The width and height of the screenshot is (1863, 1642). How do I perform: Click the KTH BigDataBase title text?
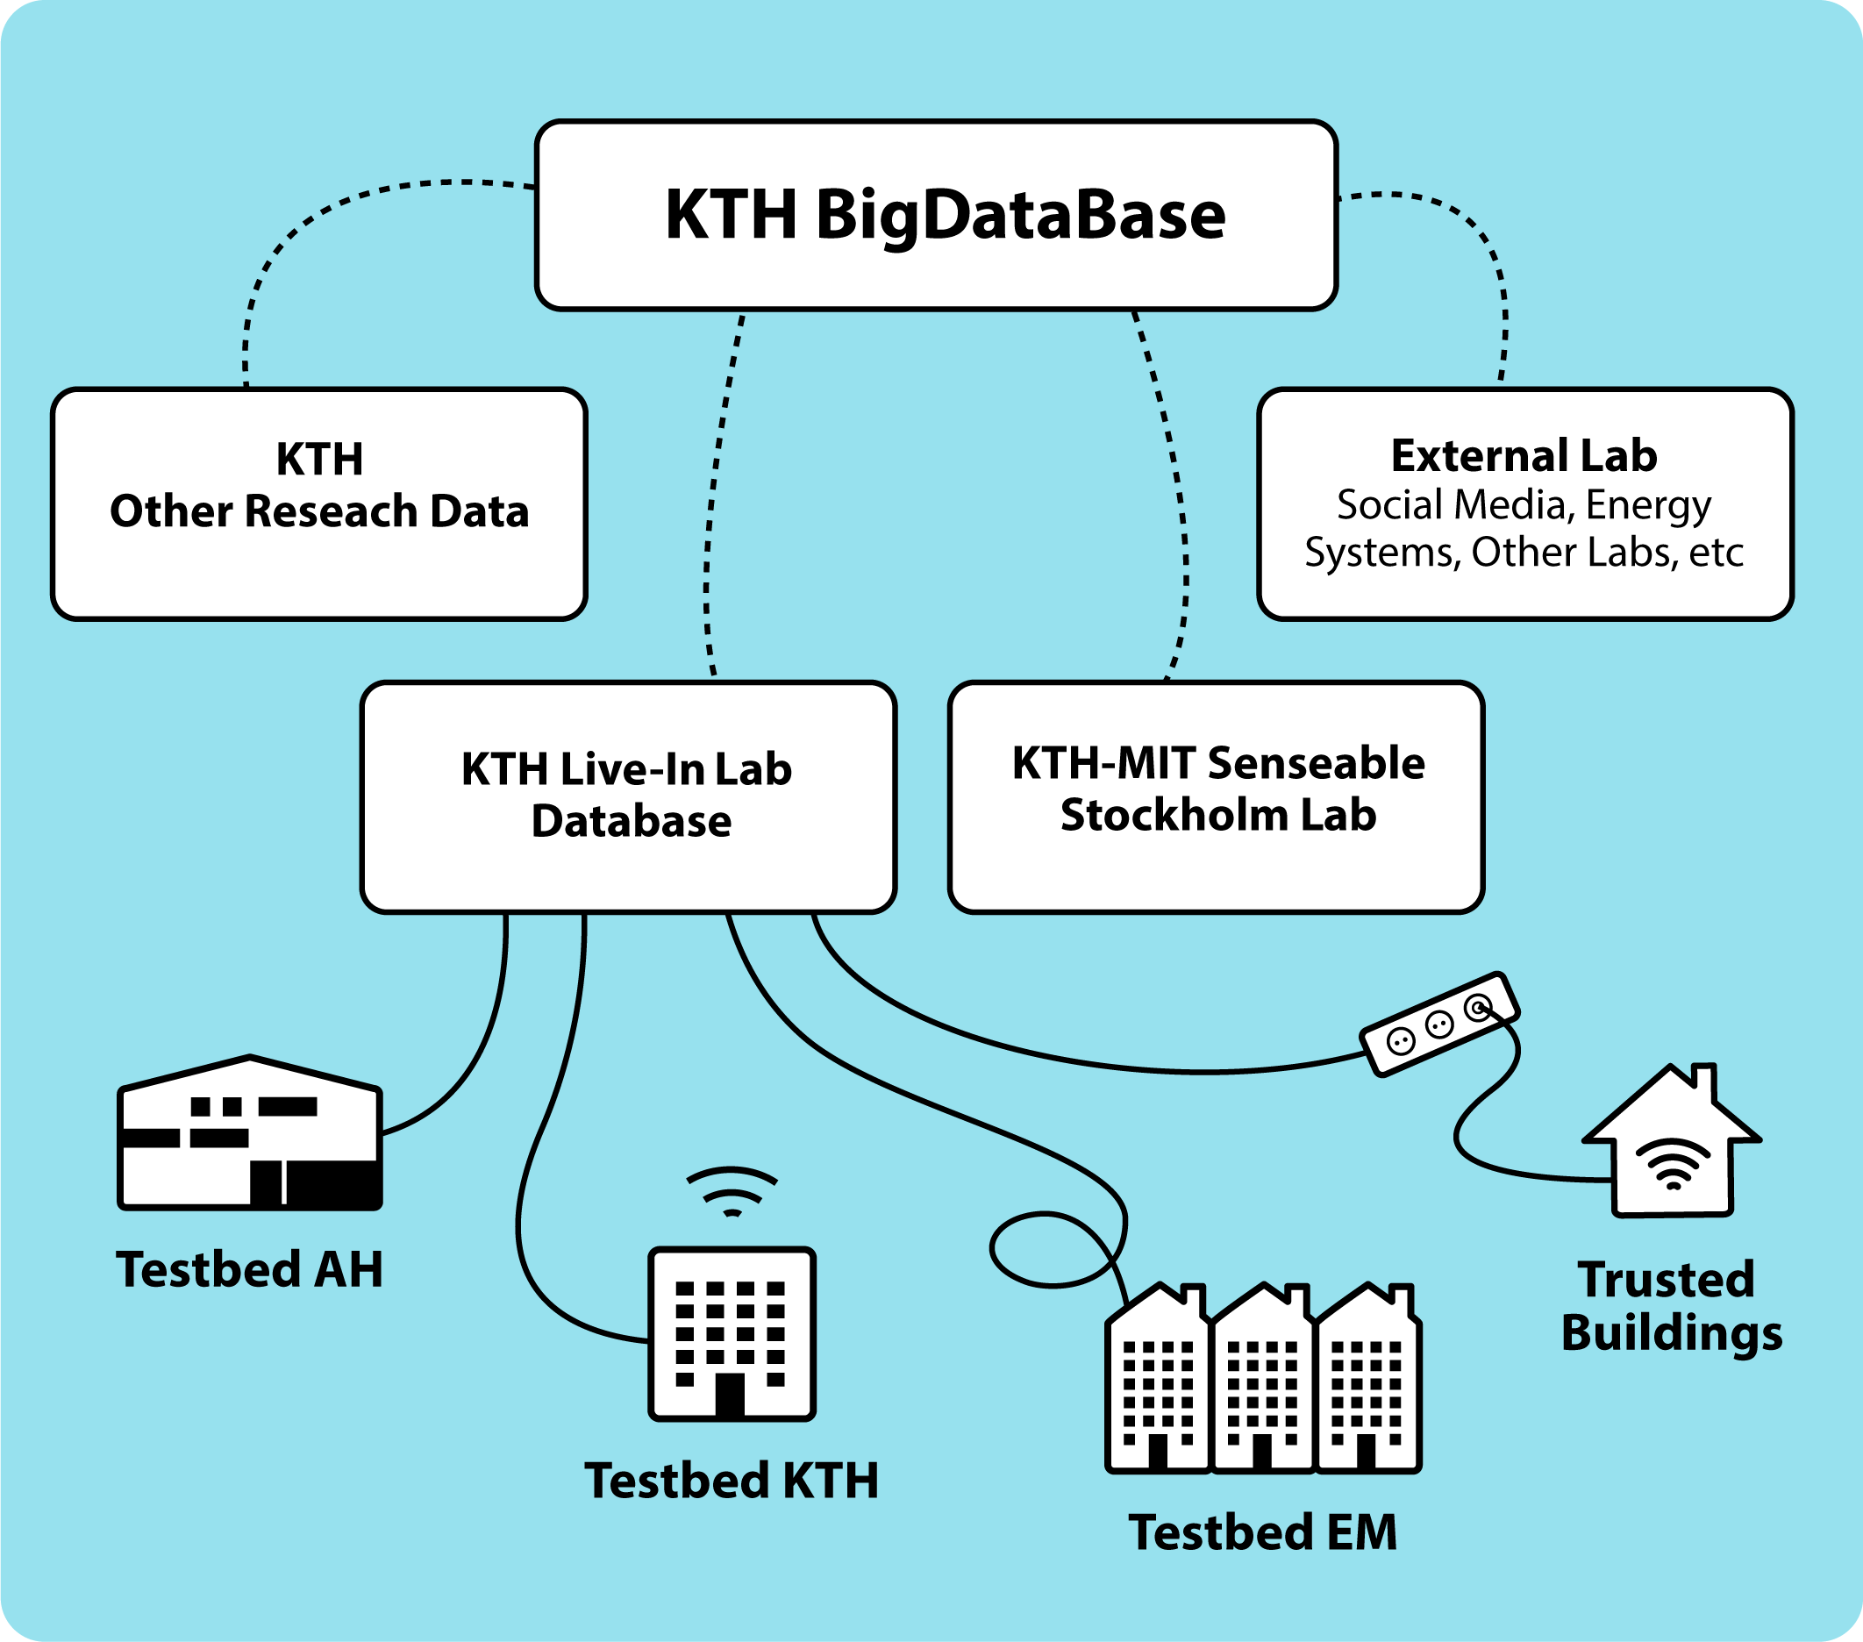click(x=946, y=216)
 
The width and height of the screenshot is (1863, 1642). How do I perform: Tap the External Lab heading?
click(x=1523, y=456)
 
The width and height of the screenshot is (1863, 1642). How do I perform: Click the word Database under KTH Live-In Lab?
click(x=631, y=822)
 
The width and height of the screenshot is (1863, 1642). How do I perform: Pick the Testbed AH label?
click(x=249, y=1269)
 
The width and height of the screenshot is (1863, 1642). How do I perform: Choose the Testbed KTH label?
click(x=731, y=1481)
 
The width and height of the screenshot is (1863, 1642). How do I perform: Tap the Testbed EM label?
click(x=1262, y=1532)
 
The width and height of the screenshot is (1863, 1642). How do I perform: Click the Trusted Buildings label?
click(x=1671, y=1306)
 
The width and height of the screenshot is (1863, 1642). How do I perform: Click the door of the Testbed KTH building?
click(x=729, y=1395)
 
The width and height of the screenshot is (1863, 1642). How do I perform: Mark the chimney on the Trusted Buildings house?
click(x=1703, y=1082)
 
